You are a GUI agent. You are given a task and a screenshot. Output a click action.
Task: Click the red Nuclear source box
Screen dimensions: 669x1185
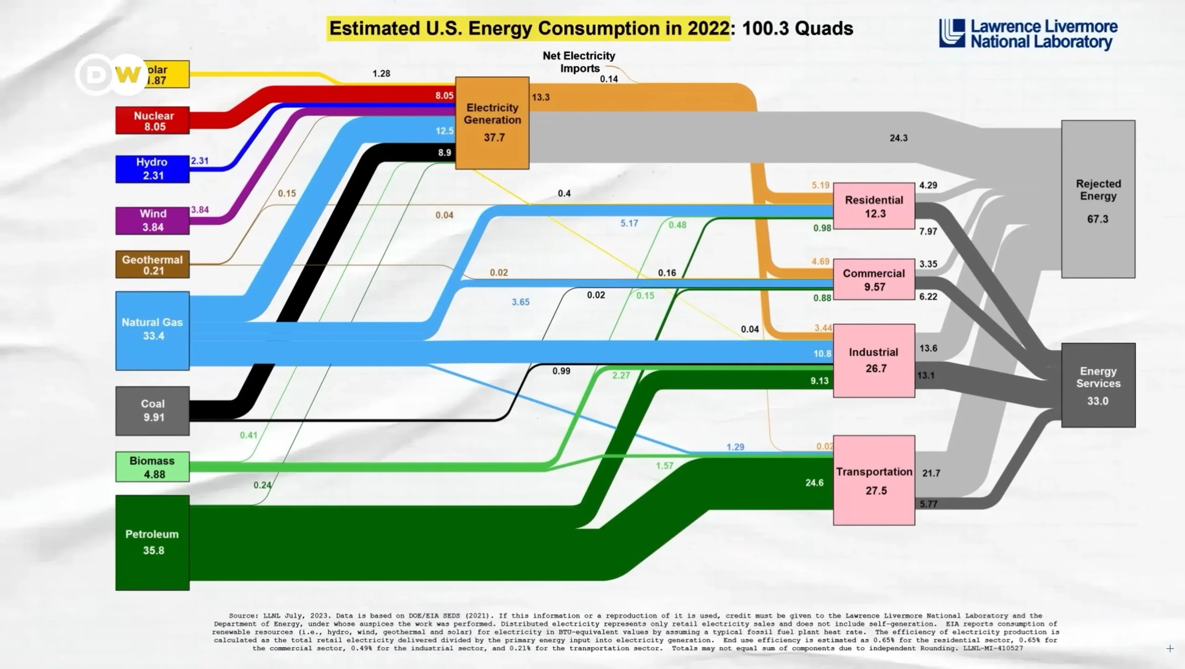click(152, 121)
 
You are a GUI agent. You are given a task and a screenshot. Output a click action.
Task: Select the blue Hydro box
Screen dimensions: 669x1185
click(152, 169)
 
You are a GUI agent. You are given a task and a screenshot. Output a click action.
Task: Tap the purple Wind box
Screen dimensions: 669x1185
click(152, 221)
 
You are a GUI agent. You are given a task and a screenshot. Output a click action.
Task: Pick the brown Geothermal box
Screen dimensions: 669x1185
click(152, 265)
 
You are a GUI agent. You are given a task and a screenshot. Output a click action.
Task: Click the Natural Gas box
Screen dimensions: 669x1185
click(152, 330)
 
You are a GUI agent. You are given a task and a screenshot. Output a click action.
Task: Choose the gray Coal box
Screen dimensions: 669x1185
click(152, 411)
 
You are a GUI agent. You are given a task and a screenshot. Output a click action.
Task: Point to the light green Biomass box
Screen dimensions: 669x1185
click(152, 467)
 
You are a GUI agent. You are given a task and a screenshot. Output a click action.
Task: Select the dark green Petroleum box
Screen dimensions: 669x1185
click(152, 543)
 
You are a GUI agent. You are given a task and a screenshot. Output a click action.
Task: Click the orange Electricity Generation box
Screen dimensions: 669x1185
click(492, 123)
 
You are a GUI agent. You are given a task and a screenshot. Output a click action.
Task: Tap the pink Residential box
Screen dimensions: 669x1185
click(874, 206)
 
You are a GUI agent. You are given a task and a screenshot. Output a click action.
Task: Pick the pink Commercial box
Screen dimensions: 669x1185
click(874, 279)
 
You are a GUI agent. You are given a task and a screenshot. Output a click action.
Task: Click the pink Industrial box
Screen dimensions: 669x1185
click(874, 360)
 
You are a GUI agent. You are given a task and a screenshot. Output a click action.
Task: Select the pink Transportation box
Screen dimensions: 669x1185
click(874, 480)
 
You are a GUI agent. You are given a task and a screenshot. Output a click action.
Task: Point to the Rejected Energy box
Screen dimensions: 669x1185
click(1098, 199)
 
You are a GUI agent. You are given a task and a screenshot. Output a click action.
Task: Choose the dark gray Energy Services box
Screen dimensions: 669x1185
click(1098, 385)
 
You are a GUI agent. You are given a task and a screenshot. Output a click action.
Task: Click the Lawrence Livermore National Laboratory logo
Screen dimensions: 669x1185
click(1028, 34)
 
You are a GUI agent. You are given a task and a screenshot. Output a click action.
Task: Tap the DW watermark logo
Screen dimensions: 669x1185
click(111, 74)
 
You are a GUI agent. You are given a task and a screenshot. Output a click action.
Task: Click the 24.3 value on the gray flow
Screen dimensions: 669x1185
click(898, 138)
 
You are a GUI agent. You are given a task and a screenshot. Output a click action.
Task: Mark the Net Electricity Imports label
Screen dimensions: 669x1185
click(579, 62)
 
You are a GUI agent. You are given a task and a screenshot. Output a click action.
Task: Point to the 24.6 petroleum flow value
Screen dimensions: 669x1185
click(814, 483)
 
